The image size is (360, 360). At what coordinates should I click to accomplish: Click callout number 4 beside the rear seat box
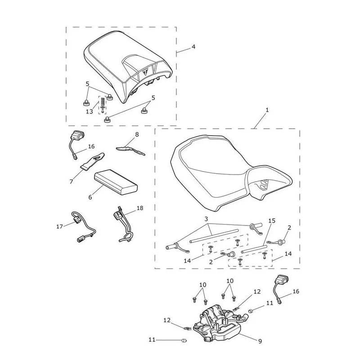(193, 47)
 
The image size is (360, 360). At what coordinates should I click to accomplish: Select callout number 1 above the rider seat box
(267, 110)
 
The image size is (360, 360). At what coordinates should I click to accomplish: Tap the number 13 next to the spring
(89, 112)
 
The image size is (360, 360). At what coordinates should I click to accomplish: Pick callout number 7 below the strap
(71, 182)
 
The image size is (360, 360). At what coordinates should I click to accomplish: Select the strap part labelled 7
(92, 162)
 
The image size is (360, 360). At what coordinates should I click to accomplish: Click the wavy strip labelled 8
(130, 150)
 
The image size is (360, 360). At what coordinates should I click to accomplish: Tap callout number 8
(137, 135)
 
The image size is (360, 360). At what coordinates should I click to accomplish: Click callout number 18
(140, 208)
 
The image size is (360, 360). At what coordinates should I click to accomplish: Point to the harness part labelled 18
(123, 224)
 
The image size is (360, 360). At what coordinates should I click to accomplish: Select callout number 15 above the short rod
(272, 221)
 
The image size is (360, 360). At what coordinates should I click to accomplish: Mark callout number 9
(260, 342)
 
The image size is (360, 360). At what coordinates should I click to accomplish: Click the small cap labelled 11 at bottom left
(184, 341)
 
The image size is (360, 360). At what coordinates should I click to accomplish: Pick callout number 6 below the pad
(90, 197)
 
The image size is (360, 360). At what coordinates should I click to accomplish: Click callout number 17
(59, 227)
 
